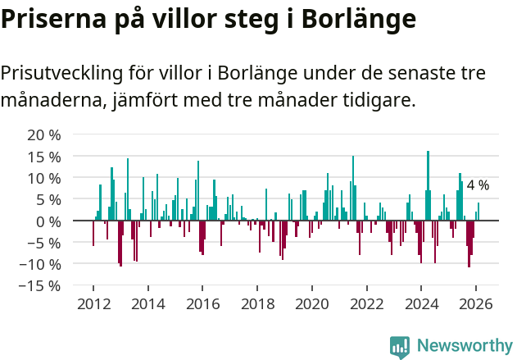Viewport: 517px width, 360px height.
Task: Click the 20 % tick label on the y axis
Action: click(43, 134)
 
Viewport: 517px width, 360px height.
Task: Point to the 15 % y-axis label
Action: click(43, 156)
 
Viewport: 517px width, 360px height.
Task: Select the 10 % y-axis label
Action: click(43, 178)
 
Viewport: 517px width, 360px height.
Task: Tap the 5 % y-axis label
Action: click(48, 199)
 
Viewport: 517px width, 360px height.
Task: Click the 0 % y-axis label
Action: click(48, 221)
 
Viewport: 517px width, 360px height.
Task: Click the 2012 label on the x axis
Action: click(93, 303)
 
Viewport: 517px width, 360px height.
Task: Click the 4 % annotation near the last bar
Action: click(478, 185)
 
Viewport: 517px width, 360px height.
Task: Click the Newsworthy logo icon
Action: click(400, 346)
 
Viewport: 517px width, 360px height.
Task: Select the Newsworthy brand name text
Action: click(464, 346)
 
